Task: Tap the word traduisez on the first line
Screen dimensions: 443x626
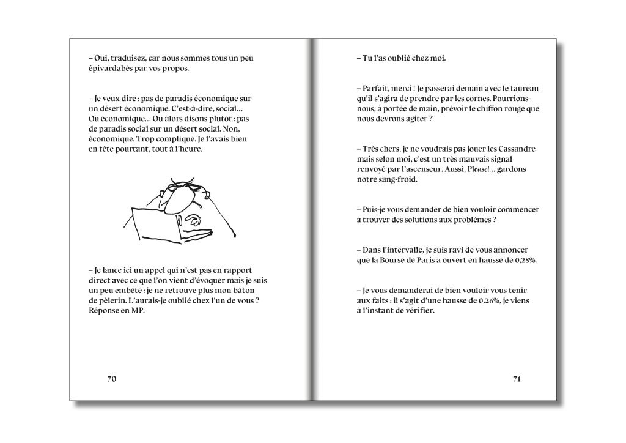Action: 128,58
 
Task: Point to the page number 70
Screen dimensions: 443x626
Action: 111,379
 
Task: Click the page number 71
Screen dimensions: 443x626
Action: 516,379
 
